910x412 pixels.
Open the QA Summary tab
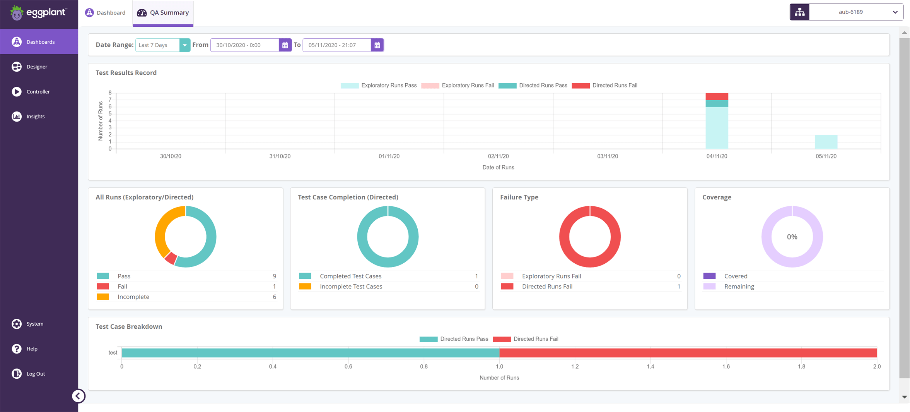tap(163, 13)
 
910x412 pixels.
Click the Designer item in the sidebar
tap(37, 67)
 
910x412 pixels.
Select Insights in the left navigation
tap(35, 116)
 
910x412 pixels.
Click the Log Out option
tap(36, 374)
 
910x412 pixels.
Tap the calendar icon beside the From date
tap(285, 45)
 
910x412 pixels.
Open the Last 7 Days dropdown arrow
tap(184, 45)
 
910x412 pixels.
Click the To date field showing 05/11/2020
tap(336, 45)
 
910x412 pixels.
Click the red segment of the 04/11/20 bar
tap(717, 96)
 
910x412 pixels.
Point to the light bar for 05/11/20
tap(826, 142)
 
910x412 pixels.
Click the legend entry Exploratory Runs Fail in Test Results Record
tap(467, 86)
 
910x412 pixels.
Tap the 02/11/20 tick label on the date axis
tap(498, 156)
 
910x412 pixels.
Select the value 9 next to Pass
tap(274, 276)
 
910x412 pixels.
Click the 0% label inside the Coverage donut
tap(792, 237)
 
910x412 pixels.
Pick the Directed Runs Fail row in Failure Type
tap(547, 287)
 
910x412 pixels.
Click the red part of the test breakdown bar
tap(688, 353)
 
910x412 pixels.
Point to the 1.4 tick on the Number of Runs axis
tap(650, 366)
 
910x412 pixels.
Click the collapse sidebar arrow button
tap(78, 396)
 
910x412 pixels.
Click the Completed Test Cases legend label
tap(350, 276)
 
